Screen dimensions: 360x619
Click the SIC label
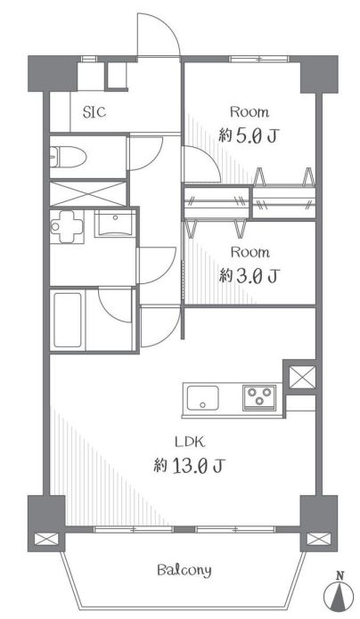[94, 112]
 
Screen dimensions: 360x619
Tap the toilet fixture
[68, 158]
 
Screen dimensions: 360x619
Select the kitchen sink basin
[202, 398]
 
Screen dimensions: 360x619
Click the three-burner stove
[259, 396]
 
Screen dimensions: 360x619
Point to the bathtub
[68, 320]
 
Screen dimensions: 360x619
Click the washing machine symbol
[67, 226]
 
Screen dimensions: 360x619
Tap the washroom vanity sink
[115, 223]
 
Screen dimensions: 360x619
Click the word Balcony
[184, 570]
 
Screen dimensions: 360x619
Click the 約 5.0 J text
[249, 136]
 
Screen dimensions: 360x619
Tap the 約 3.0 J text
[250, 276]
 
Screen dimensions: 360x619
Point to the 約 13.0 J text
[189, 466]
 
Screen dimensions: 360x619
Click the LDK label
[190, 442]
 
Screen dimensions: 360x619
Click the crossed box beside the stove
[302, 377]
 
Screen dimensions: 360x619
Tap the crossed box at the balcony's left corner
[45, 539]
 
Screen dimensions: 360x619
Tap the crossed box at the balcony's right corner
[319, 539]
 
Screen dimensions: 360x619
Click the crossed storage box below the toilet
[87, 193]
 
